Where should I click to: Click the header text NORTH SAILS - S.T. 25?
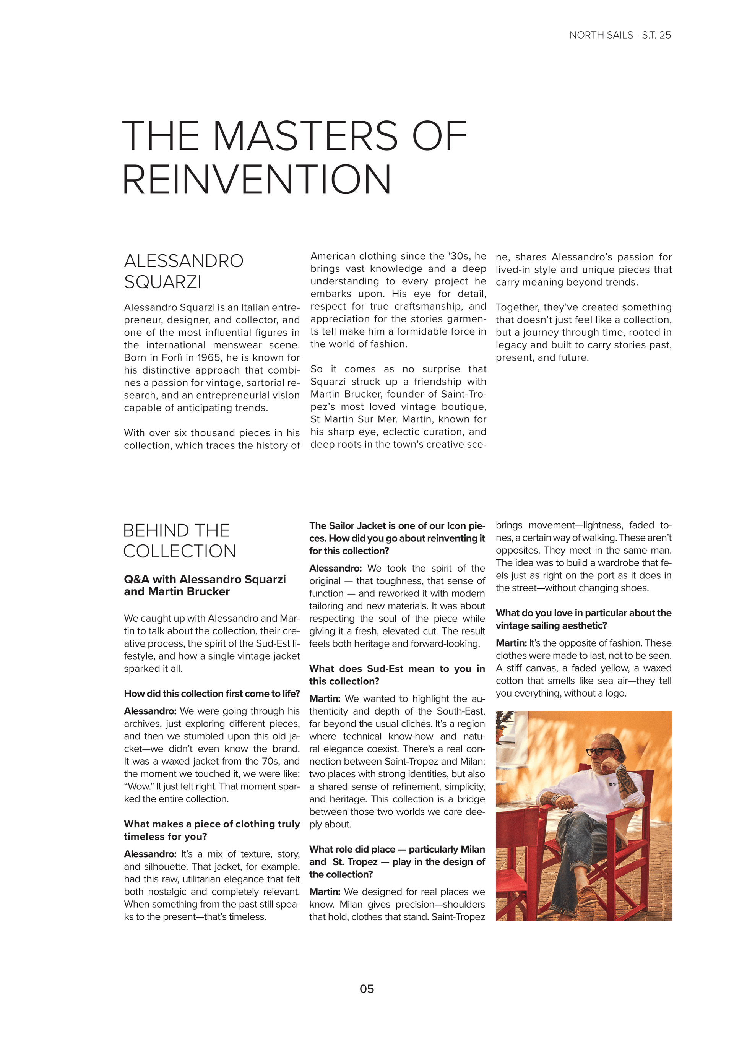[x=620, y=35]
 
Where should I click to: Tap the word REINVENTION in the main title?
[x=257, y=180]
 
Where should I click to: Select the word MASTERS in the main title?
[x=305, y=136]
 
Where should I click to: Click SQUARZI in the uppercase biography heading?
[x=163, y=282]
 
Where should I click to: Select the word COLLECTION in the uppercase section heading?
[x=179, y=551]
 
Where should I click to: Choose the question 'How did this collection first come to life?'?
[x=211, y=694]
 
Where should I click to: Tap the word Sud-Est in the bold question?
[x=385, y=669]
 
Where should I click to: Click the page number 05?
[x=367, y=989]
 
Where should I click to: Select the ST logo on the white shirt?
[x=612, y=785]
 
